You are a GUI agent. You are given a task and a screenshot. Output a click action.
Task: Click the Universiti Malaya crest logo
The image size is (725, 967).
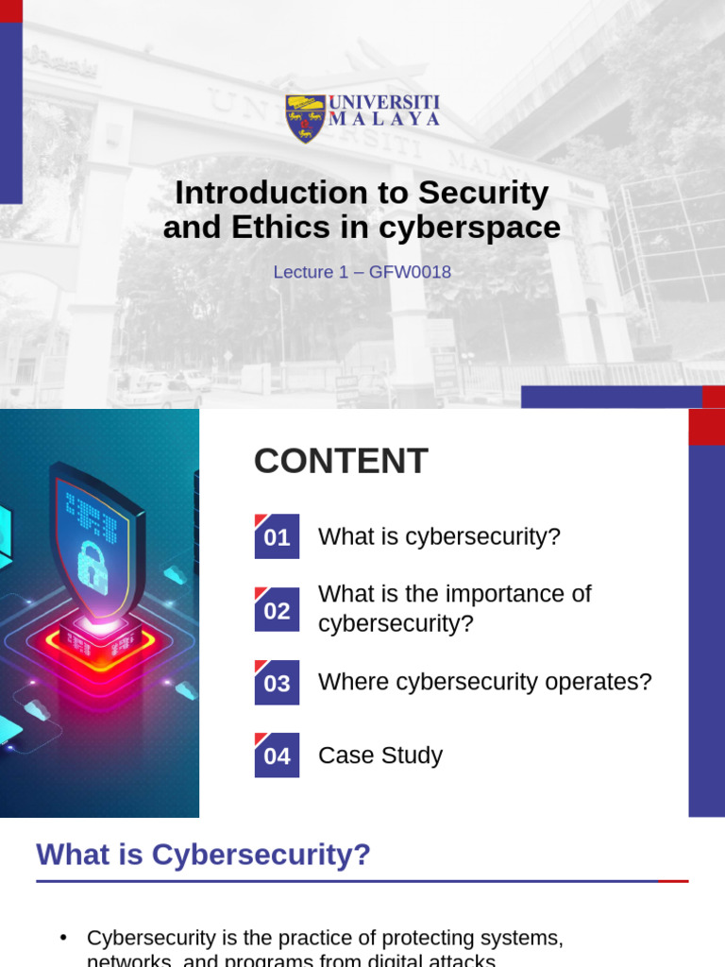305,117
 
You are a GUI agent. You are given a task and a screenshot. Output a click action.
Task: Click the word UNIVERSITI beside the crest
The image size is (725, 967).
384,102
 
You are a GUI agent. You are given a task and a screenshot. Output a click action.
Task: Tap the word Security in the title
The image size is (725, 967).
483,193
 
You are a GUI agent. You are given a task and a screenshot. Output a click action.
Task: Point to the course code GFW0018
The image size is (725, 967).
411,272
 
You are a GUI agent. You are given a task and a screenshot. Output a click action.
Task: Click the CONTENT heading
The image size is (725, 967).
341,461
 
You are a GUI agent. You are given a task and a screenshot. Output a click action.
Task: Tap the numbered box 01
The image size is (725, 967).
277,537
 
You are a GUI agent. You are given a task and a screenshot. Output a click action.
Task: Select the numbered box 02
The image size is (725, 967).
277,610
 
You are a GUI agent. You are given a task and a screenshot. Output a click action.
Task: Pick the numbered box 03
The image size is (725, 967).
277,683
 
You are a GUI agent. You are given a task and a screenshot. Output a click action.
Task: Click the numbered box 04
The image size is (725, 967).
277,755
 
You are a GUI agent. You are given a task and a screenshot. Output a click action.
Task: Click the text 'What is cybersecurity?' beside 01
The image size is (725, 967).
439,536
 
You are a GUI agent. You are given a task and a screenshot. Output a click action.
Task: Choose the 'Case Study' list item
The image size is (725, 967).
380,755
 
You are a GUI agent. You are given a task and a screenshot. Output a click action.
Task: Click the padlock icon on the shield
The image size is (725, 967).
92,567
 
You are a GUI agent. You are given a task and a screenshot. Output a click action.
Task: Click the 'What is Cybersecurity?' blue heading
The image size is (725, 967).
203,855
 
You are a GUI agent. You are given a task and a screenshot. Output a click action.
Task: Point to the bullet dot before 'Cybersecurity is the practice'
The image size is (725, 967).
64,938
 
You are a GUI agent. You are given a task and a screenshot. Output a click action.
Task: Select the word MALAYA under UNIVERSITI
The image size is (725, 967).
384,120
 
